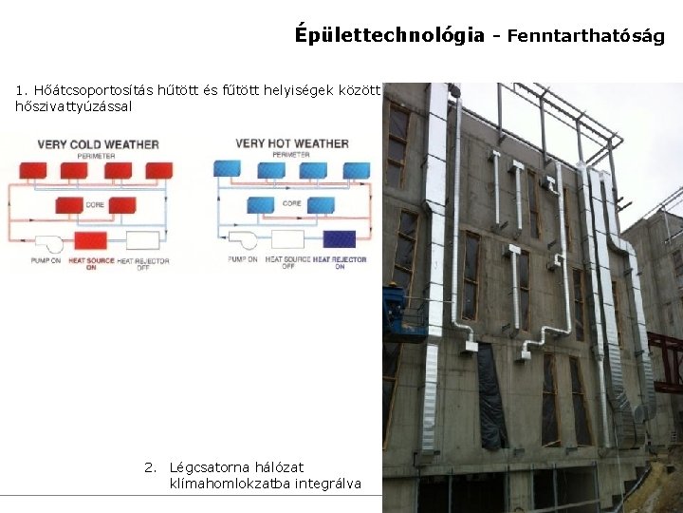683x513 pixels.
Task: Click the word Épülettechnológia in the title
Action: (389, 35)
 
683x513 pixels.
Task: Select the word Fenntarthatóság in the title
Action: (585, 37)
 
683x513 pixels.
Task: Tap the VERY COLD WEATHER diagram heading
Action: (98, 144)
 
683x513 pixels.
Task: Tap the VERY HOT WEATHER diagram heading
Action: (292, 143)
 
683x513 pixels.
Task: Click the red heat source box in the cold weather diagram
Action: (91, 239)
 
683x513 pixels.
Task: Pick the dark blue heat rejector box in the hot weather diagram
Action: (339, 239)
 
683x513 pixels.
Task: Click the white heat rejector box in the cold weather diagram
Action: (142, 239)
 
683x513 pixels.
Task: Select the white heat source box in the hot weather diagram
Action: (286, 239)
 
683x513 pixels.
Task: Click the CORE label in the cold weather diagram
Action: (95, 204)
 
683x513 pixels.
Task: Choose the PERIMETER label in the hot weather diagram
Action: (291, 155)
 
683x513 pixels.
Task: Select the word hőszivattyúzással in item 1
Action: (74, 106)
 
